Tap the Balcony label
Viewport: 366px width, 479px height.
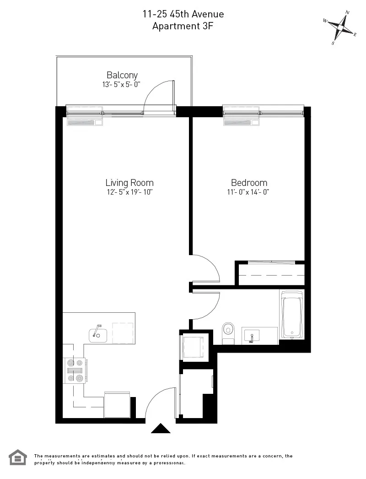pos(122,75)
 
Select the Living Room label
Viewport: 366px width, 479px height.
pos(129,182)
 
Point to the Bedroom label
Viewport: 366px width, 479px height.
pos(249,182)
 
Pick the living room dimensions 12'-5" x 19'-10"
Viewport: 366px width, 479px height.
pos(129,192)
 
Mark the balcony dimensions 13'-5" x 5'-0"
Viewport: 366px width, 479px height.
pos(122,85)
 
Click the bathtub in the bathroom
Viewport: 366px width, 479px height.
pos(291,315)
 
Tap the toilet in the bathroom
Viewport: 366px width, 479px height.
pos(227,331)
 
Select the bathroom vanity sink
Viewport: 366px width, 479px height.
pos(251,335)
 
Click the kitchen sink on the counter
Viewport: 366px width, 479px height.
pos(97,335)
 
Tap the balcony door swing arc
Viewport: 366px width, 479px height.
pos(158,94)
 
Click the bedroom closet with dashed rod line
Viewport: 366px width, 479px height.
pos(270,274)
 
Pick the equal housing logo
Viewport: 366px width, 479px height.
pos(18,457)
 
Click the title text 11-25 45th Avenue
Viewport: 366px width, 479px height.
pos(183,15)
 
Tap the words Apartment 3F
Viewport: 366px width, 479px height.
pos(183,26)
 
